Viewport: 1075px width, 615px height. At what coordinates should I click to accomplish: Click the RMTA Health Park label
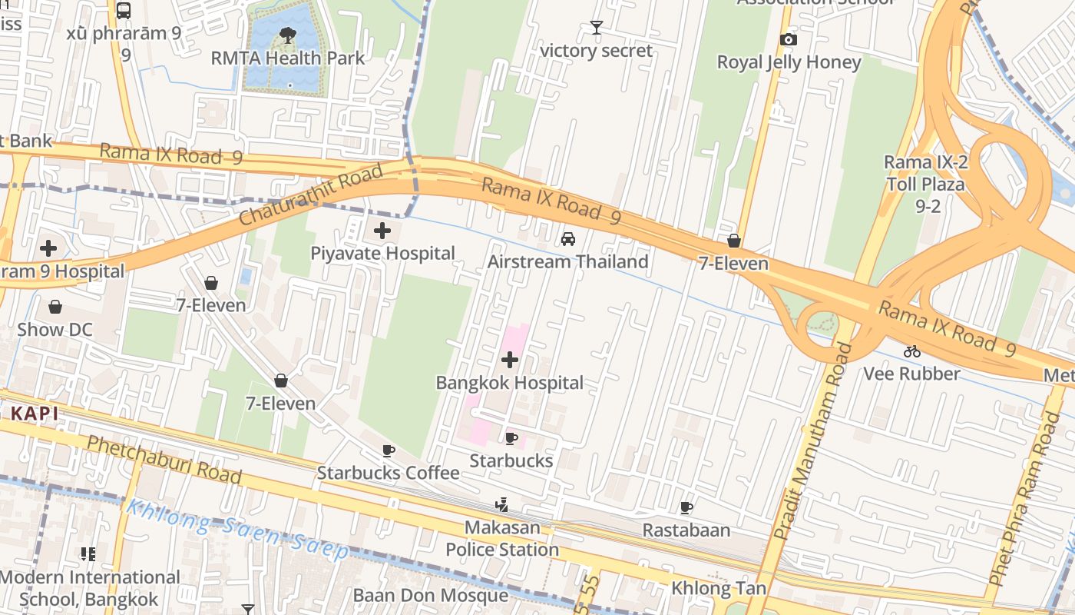point(288,58)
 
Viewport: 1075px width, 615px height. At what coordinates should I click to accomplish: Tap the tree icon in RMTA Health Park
point(288,34)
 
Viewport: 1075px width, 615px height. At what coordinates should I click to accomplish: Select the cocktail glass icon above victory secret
point(596,28)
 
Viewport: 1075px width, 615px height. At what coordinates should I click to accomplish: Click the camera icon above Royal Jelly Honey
point(788,40)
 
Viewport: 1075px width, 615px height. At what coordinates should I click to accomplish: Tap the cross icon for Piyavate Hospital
point(382,230)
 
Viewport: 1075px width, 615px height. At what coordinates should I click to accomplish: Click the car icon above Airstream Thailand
point(568,238)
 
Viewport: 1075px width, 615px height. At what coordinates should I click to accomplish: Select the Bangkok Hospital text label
point(510,383)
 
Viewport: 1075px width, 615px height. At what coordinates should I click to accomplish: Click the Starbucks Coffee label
point(388,473)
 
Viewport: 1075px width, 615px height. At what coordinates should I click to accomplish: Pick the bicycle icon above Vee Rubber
point(912,351)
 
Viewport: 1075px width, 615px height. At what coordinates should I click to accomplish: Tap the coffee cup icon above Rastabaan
point(686,507)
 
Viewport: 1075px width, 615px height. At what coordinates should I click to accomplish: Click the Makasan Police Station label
point(502,540)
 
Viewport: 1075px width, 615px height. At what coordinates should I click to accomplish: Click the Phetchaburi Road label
point(164,459)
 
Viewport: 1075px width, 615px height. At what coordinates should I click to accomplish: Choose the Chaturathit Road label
point(310,195)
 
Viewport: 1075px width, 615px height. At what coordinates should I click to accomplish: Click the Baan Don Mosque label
point(430,596)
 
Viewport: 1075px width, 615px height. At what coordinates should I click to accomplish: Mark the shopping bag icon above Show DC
point(55,307)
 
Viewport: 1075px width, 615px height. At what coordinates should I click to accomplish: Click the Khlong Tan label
point(719,589)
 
